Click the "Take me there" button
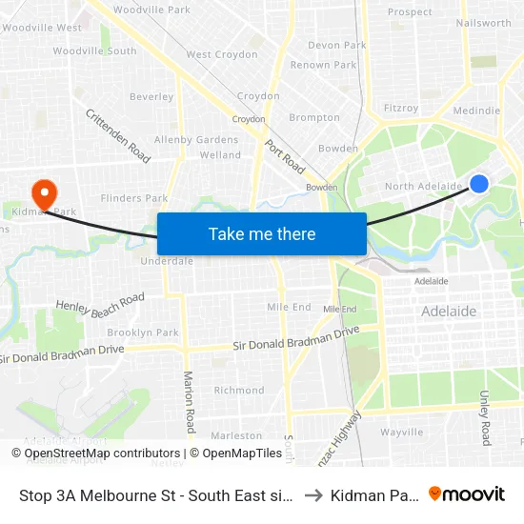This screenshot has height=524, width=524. tap(262, 233)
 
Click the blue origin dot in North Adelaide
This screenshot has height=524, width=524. tap(479, 184)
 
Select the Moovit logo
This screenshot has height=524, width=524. tap(467, 494)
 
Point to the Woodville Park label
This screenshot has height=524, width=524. tap(151, 10)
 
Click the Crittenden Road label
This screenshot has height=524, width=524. tap(118, 134)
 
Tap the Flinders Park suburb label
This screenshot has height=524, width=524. tap(134, 199)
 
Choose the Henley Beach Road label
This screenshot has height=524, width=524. tap(100, 304)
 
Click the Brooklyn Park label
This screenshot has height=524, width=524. tap(143, 333)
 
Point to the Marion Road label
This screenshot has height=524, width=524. tap(189, 401)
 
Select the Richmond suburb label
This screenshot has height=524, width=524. tap(239, 390)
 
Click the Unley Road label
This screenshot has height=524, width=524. tap(485, 417)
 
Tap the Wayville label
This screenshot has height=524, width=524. tap(401, 432)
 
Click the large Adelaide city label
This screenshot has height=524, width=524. tap(449, 312)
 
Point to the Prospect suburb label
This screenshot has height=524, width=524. tap(410, 12)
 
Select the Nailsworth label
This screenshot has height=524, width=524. tap(484, 22)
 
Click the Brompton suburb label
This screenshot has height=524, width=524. tap(314, 118)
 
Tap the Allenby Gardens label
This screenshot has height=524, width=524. tap(196, 140)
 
